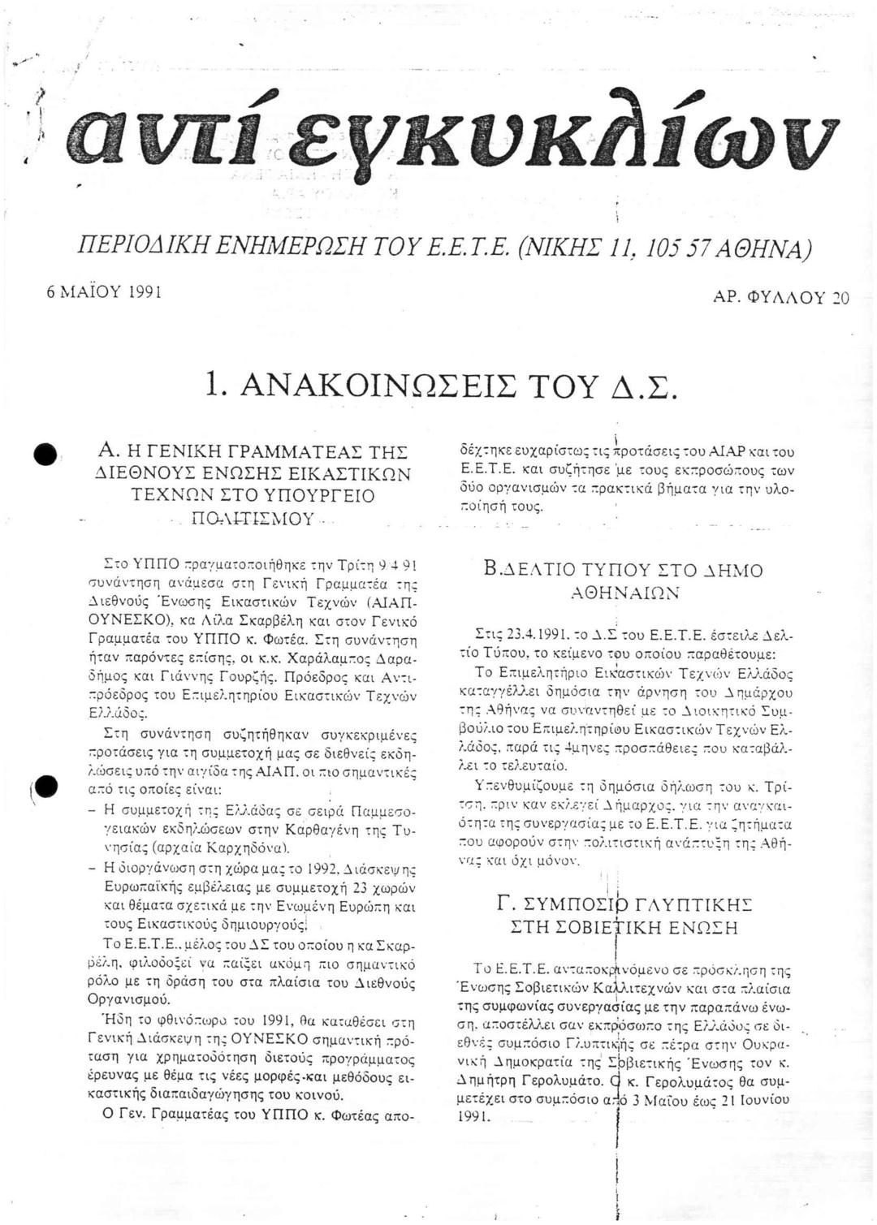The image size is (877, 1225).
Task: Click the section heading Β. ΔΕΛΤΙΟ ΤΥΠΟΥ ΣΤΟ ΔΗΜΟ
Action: (x=623, y=571)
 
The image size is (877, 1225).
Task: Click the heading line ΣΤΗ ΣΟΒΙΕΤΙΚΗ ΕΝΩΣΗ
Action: (x=623, y=927)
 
